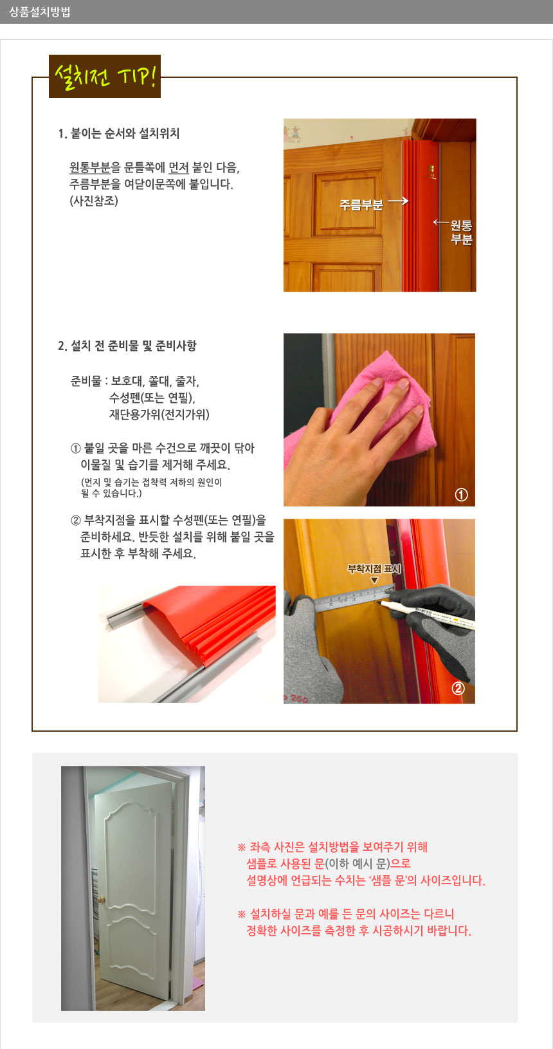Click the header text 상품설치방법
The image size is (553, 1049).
pos(40,12)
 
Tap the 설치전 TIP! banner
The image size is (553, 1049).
pos(105,77)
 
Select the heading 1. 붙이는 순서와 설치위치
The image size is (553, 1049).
pos(119,134)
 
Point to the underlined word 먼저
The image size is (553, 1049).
pos(179,168)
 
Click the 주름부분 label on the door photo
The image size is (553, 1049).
pos(361,205)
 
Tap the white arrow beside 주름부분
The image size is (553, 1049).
pos(398,201)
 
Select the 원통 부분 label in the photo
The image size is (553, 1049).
pos(461,232)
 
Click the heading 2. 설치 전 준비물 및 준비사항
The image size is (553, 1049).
pos(127,346)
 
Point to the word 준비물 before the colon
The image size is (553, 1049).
pos(86,381)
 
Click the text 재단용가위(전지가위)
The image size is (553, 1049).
pos(159,414)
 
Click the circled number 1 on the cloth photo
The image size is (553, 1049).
pos(461,495)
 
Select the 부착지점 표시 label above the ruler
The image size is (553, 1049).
pos(374,569)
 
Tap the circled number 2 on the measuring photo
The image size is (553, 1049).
pos(458,688)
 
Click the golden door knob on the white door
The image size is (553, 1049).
pos(100,898)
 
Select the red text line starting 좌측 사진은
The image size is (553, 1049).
pos(332,848)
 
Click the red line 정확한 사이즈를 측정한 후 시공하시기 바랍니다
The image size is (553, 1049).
pos(359,931)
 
